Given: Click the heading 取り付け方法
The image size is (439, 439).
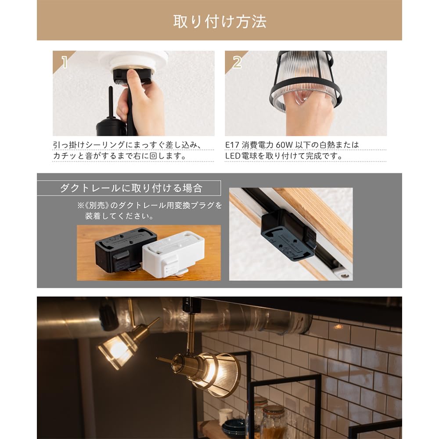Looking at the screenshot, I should [x=219, y=21].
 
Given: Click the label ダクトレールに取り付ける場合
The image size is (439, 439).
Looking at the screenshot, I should [x=131, y=188].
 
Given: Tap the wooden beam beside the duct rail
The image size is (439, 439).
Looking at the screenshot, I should [x=320, y=215].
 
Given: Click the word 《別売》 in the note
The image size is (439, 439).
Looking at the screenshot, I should [x=93, y=205].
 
